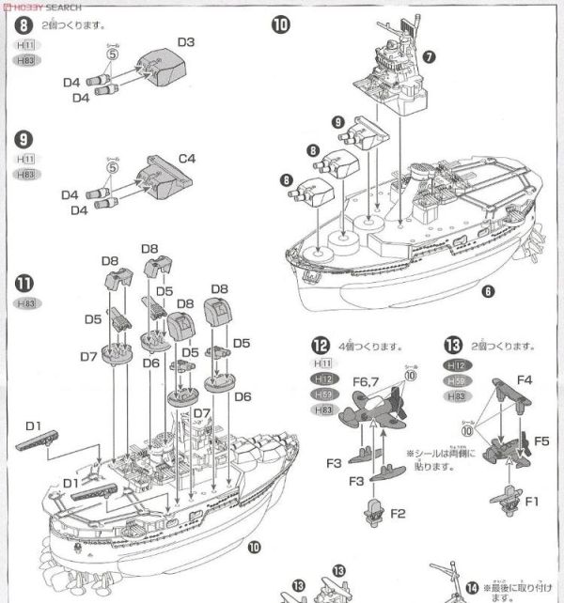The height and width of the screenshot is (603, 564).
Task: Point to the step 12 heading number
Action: pyautogui.click(x=321, y=344)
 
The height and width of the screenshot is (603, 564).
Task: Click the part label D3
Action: pyautogui.click(x=185, y=42)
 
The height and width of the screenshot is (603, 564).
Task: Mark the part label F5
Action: pyautogui.click(x=541, y=439)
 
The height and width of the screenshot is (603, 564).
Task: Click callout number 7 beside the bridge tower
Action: pyautogui.click(x=430, y=56)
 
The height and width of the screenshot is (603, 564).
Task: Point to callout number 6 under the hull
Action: pyautogui.click(x=488, y=292)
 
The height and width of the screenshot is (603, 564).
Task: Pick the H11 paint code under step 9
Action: pyautogui.click(x=26, y=160)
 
